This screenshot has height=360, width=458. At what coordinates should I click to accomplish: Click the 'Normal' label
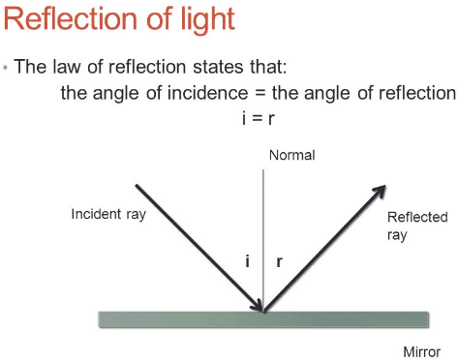pyautogui.click(x=292, y=156)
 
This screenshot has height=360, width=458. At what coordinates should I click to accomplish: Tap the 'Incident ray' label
pyautogui.click(x=108, y=213)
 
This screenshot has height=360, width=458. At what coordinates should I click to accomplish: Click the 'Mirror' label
pyautogui.click(x=423, y=350)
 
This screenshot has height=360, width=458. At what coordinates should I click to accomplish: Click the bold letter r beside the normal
pyautogui.click(x=279, y=261)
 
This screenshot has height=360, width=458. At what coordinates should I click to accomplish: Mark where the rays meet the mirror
pyautogui.click(x=263, y=311)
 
